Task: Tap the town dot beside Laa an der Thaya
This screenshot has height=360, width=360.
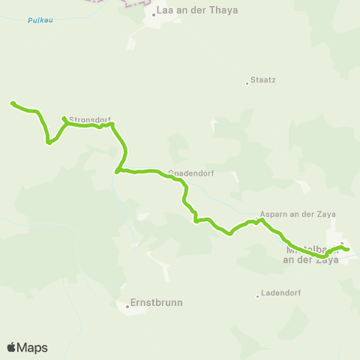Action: pos(154,14)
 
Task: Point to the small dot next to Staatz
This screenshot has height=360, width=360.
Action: pos(247,82)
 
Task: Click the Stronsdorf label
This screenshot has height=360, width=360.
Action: pos(90,118)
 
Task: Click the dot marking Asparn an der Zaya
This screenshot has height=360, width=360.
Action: pos(256,220)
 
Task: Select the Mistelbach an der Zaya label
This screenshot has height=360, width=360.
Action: pos(310,255)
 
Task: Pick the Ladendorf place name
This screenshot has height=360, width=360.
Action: pos(280,293)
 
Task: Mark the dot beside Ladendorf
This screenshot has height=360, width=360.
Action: pos(257,295)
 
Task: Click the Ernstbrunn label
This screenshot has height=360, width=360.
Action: pos(157,303)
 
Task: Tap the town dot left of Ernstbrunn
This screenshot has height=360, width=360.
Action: pos(127,304)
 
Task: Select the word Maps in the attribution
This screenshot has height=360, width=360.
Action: pos(33,347)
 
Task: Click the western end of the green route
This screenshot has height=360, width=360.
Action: pos(12,103)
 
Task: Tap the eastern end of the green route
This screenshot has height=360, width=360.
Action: pos(348,250)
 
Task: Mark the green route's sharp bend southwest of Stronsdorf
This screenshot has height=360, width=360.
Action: pos(49,142)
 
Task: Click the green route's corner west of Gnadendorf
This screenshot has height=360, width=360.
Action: pos(117,172)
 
